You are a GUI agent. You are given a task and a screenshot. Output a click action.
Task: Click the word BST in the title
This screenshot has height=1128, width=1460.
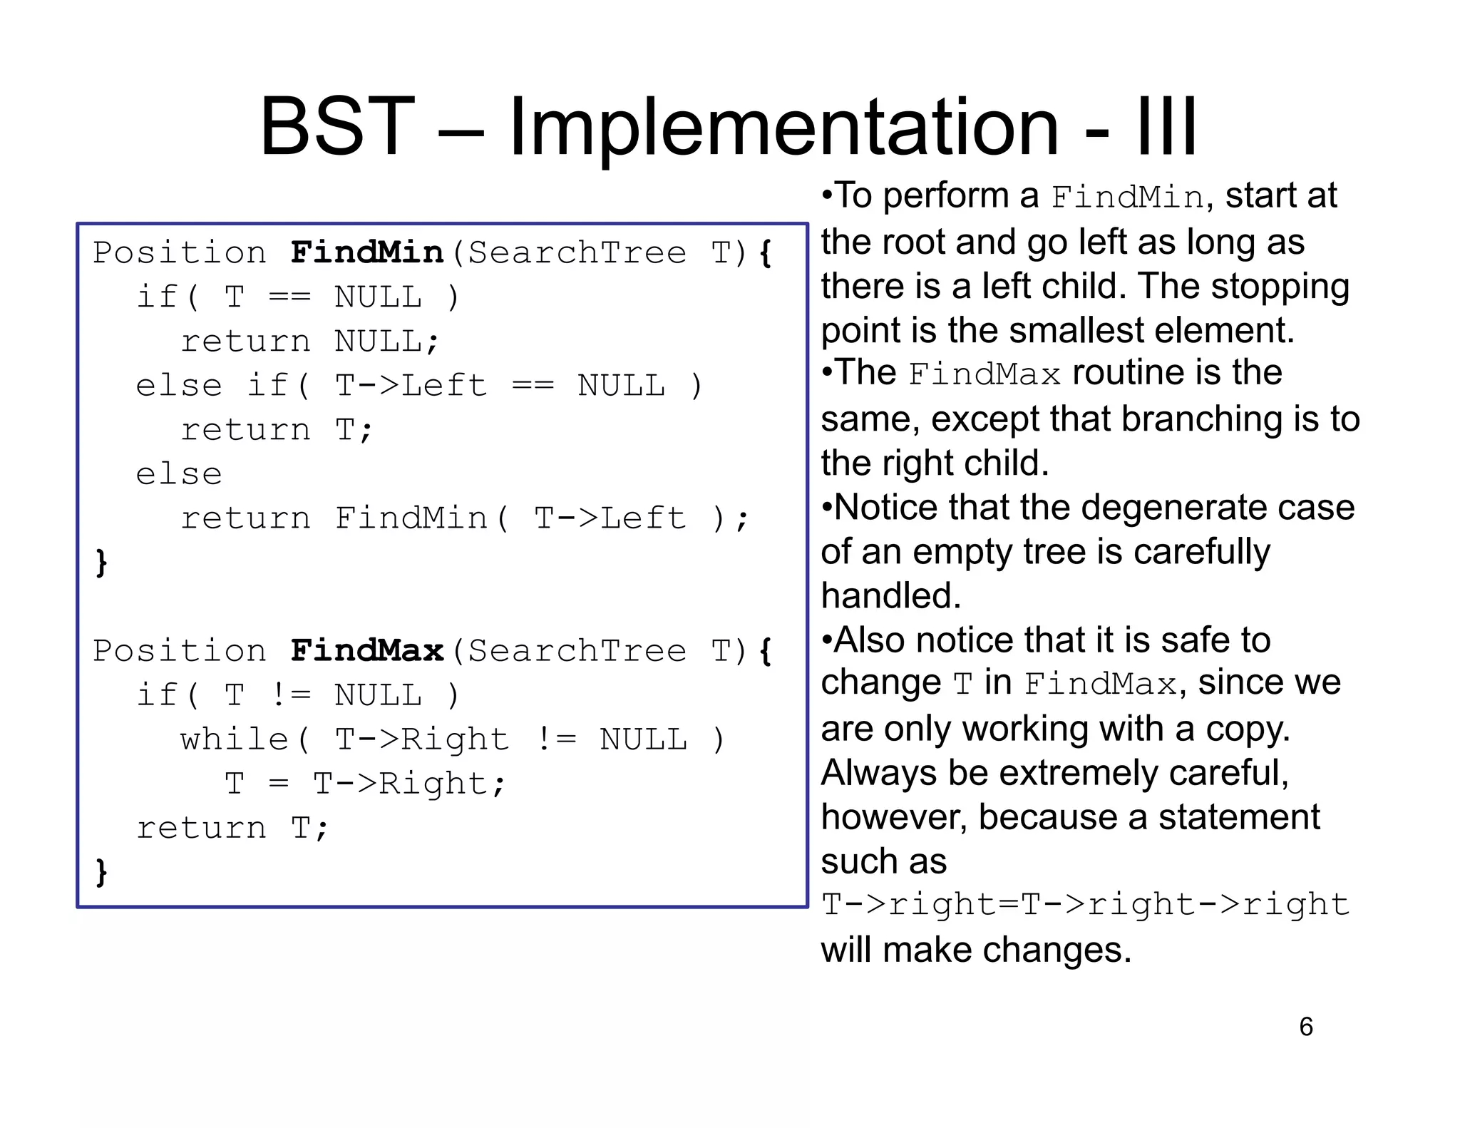337,127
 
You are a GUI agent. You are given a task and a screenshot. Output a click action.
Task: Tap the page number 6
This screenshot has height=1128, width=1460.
1306,1027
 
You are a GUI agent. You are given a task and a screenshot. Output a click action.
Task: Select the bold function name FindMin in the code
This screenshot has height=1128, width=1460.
367,252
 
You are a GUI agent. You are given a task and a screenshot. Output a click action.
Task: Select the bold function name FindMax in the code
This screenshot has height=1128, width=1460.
367,650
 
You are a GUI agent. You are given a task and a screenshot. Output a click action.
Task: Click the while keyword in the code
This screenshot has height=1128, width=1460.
234,739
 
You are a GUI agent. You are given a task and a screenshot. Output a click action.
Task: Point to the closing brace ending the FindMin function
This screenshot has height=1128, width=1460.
101,563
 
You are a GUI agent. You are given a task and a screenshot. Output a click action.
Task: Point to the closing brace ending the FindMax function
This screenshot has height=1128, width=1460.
101,871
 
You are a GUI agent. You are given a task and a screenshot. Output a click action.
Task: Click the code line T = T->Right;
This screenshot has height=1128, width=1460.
365,784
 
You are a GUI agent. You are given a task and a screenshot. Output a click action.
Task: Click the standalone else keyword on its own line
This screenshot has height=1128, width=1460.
179,474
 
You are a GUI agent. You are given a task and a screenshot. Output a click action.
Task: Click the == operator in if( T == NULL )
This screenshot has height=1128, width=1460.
289,297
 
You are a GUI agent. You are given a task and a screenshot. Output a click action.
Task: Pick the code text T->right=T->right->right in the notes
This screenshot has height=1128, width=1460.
1085,904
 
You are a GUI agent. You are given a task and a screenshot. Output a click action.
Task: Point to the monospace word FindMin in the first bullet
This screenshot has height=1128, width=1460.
1127,198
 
